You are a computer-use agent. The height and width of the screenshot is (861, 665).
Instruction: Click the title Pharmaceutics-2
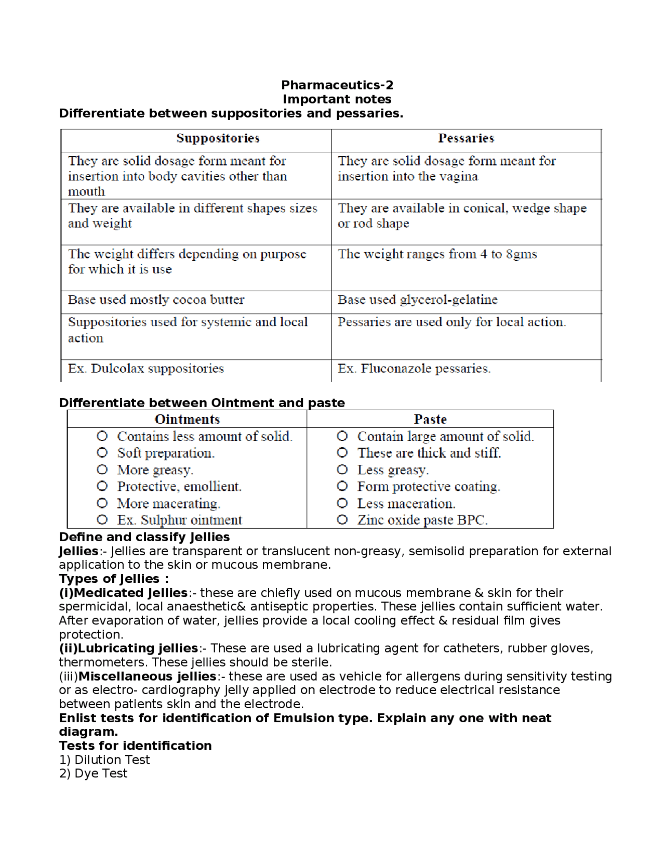pos(337,85)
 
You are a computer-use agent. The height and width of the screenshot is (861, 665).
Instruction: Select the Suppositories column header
pos(218,138)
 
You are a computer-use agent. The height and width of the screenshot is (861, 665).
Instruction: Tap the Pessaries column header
pos(465,138)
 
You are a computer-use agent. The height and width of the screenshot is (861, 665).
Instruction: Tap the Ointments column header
pos(187,419)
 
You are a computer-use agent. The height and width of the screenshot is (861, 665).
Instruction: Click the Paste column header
pos(430,419)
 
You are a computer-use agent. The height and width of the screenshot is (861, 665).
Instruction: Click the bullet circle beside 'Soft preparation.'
pos(102,453)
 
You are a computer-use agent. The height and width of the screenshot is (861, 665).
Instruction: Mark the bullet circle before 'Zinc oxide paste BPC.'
pos(342,519)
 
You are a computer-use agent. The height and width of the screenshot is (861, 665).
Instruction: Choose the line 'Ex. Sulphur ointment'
pos(179,520)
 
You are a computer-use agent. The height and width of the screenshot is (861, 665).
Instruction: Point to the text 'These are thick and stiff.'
pos(429,453)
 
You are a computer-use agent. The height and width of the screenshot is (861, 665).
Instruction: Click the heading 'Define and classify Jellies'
pos(144,537)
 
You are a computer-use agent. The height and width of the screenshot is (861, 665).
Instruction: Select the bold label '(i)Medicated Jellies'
pos(123,593)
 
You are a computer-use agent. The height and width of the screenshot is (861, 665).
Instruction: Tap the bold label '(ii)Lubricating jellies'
pos(128,648)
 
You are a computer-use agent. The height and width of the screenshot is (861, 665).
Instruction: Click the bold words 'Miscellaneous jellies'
pos(147,676)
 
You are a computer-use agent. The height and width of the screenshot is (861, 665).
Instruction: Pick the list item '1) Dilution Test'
pos(104,760)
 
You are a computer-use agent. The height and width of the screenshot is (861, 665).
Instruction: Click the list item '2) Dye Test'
pos(93,774)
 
